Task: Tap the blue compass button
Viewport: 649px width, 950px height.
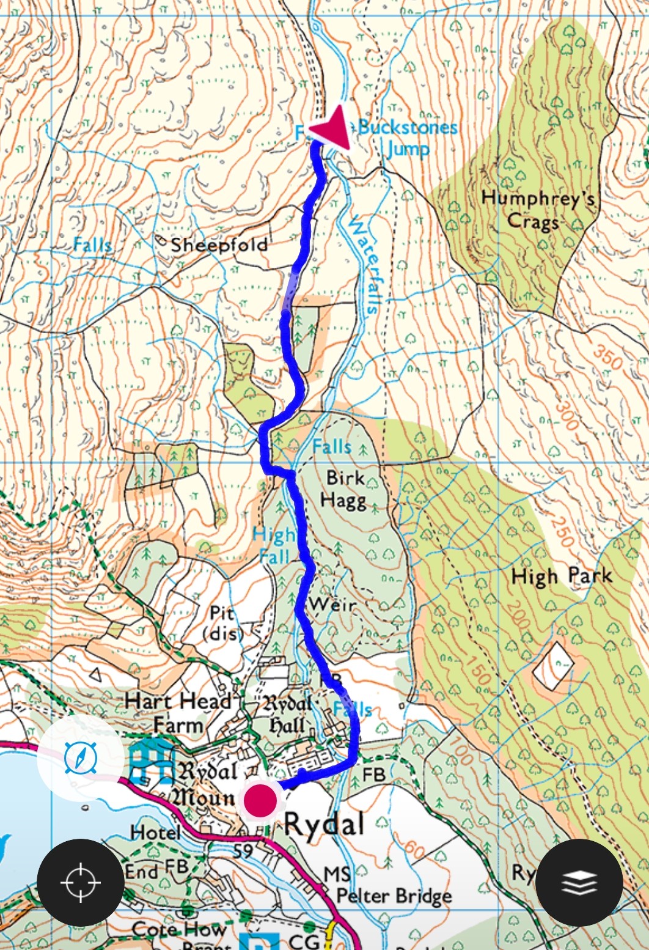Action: coord(80,758)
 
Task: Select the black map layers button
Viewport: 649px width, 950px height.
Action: coord(579,882)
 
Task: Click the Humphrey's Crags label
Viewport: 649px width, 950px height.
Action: coord(538,209)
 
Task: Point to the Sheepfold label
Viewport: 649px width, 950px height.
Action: coord(219,245)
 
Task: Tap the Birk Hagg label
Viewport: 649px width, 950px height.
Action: coord(346,489)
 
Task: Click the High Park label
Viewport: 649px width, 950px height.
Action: coord(561,576)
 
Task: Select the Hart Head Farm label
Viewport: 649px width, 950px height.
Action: coord(177,713)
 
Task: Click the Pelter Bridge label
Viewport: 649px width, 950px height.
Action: coord(394,896)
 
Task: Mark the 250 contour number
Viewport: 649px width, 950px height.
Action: coord(563,529)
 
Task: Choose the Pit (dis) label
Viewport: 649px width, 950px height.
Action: coord(223,623)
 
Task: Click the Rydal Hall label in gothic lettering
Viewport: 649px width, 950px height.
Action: coord(287,714)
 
